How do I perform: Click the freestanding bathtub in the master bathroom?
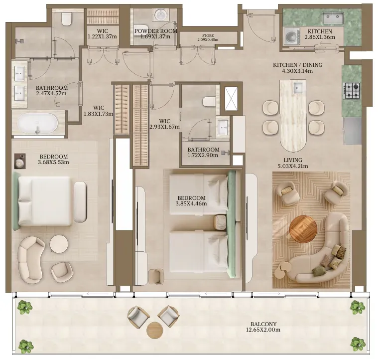click(37, 124)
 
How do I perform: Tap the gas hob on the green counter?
click(352, 90)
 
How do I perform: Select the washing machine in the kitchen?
click(292, 36)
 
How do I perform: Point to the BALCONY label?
click(263, 324)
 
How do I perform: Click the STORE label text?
click(208, 36)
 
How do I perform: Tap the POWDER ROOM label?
click(156, 31)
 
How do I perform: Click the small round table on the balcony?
click(155, 331)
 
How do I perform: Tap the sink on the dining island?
click(298, 87)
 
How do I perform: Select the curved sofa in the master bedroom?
click(30, 260)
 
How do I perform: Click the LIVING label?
click(293, 160)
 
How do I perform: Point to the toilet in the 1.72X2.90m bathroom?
click(209, 102)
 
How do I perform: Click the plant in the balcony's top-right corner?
click(358, 307)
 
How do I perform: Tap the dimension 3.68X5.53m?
click(53, 162)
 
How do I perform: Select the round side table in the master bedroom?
click(59, 244)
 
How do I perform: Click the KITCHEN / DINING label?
click(297, 65)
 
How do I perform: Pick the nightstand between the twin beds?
click(220, 222)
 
